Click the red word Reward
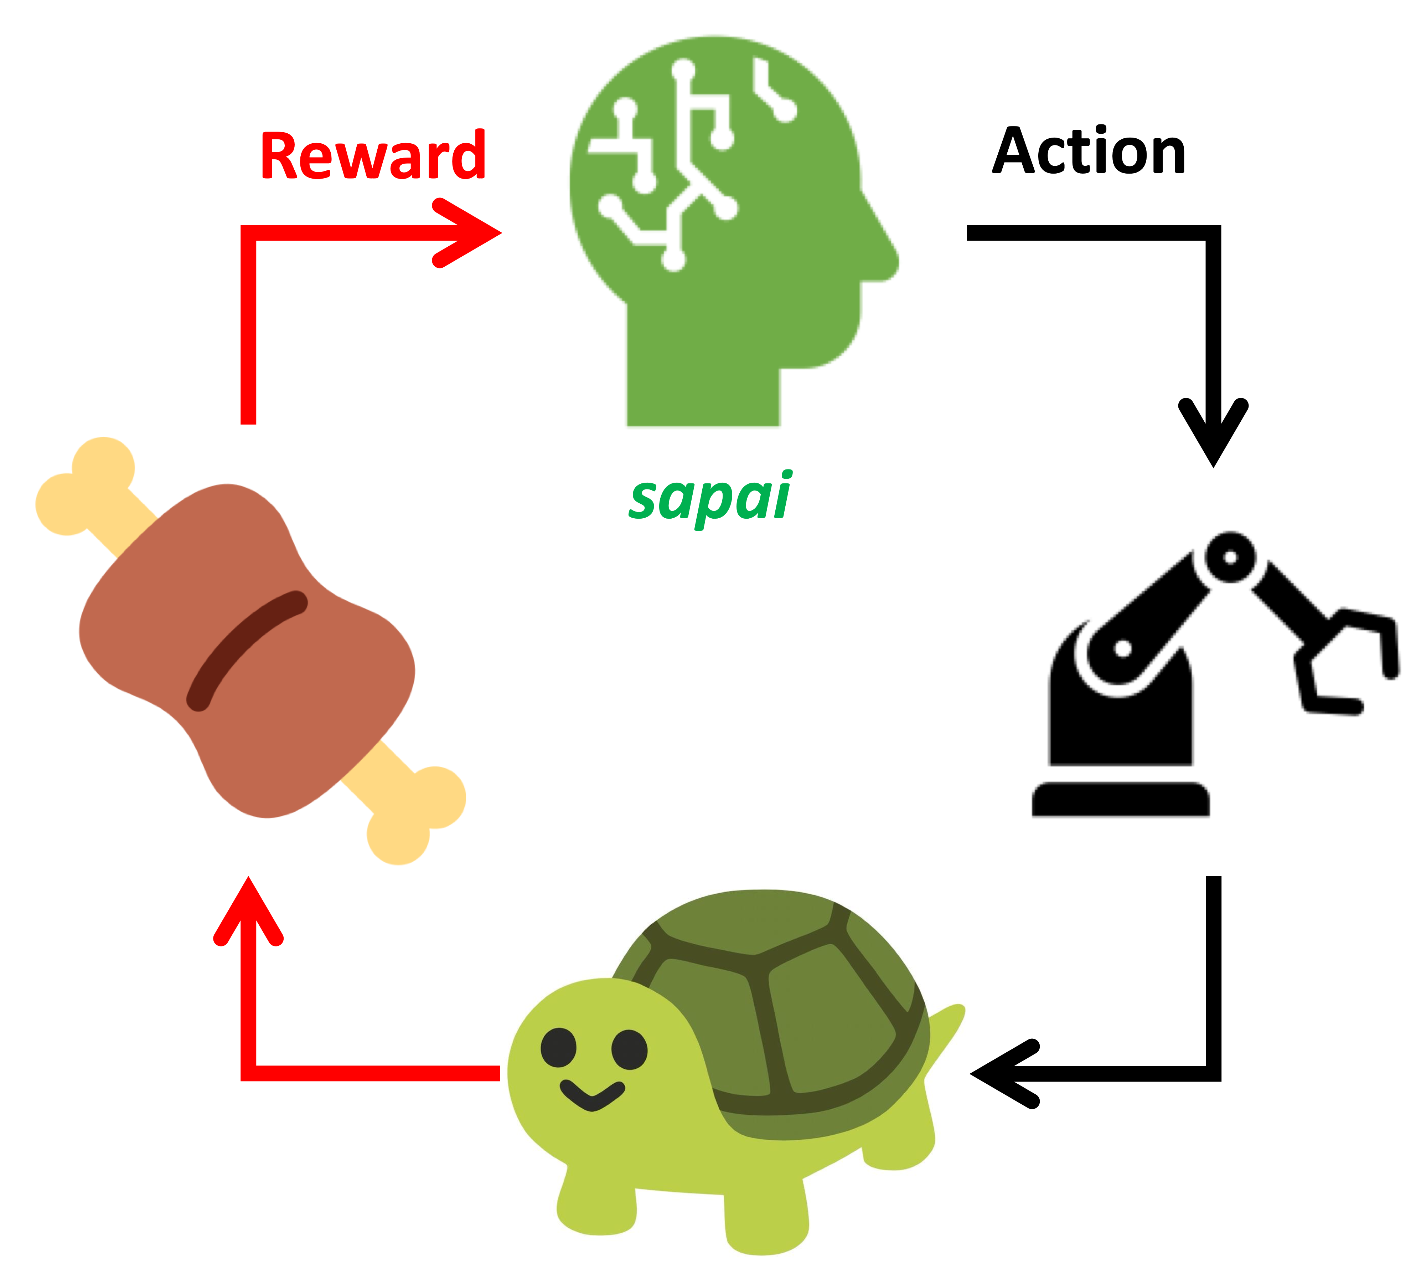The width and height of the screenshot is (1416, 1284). point(372,156)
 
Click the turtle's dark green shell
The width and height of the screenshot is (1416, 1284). point(780,998)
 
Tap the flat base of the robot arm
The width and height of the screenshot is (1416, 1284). point(1120,800)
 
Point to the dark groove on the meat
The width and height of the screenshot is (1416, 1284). point(246,650)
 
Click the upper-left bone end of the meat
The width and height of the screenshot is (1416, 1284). point(84,485)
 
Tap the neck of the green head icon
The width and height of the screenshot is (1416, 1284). point(702,380)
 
